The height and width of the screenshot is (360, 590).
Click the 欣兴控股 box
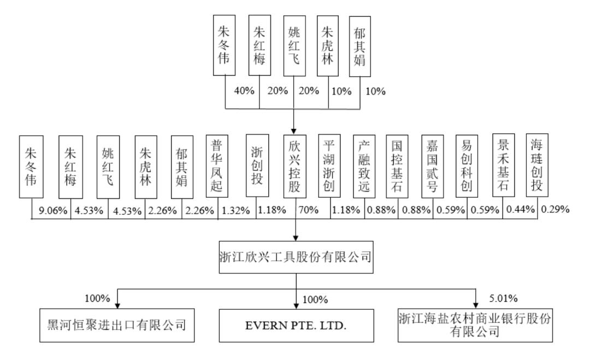(294, 166)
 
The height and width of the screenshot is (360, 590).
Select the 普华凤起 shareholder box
(217, 166)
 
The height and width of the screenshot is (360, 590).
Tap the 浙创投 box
(257, 166)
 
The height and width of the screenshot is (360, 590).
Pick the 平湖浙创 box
(329, 166)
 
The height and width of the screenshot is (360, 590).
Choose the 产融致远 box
(364, 166)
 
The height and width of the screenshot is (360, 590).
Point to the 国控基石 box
(397, 166)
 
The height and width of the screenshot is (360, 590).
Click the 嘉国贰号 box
(433, 166)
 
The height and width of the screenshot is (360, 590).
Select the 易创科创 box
(467, 166)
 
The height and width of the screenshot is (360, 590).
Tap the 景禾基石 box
(504, 165)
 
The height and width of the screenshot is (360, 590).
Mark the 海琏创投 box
(537, 165)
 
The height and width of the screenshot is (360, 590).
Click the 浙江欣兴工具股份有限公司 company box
(296, 257)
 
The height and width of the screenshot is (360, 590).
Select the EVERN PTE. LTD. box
(297, 326)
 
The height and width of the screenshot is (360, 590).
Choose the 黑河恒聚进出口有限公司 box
(117, 326)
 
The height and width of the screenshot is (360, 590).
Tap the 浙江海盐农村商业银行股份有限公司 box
(475, 326)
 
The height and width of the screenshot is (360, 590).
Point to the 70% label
(309, 210)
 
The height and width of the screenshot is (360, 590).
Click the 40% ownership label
(244, 91)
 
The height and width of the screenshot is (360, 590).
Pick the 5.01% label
(504, 298)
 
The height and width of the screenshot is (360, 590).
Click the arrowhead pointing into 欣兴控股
(293, 132)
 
